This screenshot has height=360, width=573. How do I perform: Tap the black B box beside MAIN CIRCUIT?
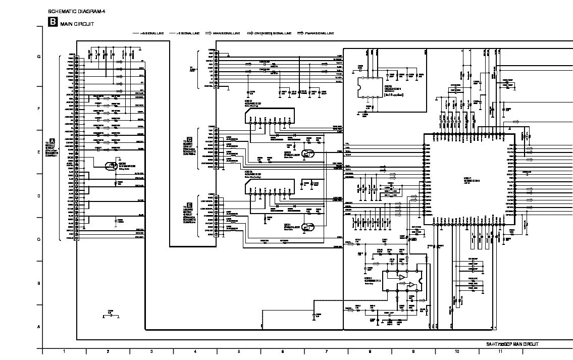[53, 22]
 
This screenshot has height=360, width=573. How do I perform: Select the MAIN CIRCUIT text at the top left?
[77, 24]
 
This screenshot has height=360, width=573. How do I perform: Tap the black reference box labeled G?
[189, 139]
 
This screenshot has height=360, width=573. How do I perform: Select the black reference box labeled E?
[189, 204]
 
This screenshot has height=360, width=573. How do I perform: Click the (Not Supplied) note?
[394, 94]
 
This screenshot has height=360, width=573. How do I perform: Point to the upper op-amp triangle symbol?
[402, 277]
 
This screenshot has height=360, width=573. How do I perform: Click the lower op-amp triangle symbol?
[412, 285]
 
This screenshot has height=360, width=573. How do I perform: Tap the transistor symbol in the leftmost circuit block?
[110, 165]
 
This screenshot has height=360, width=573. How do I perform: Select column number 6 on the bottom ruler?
[282, 351]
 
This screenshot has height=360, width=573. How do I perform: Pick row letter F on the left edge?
[39, 109]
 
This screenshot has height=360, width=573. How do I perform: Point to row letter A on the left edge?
[39, 327]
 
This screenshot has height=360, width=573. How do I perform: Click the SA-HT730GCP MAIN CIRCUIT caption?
[512, 344]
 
